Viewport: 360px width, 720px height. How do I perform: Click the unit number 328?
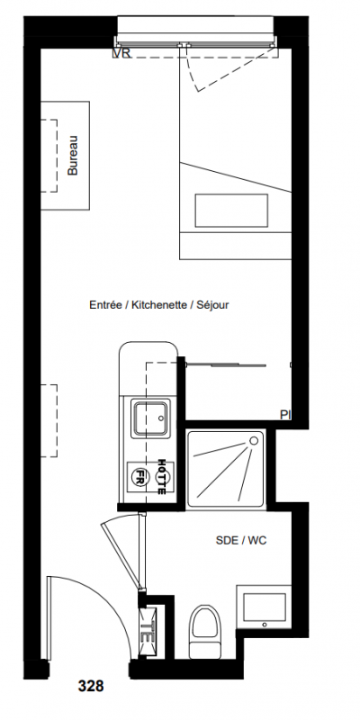[x=91, y=686]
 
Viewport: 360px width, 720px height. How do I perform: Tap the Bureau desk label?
[x=73, y=156]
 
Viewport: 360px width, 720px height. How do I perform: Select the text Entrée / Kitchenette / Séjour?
[x=159, y=304]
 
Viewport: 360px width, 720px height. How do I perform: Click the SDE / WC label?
[x=241, y=541]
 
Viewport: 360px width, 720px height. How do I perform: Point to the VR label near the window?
[x=121, y=54]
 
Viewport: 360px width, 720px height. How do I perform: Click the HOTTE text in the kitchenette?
[x=161, y=476]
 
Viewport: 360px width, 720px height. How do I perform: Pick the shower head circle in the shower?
[x=254, y=441]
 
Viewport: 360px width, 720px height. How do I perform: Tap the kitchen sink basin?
[x=150, y=418]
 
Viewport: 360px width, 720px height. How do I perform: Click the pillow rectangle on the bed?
[x=231, y=211]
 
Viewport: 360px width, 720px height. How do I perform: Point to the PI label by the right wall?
[x=285, y=415]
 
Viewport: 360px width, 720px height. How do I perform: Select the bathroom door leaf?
[x=121, y=552]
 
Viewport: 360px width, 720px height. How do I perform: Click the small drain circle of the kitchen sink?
[x=161, y=418]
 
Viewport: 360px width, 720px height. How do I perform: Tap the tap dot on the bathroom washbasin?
[x=264, y=625]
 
